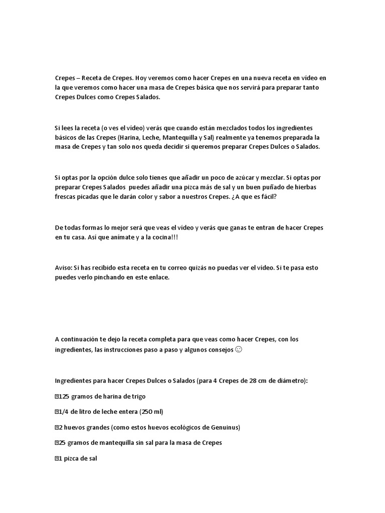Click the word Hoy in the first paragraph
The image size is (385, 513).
142,79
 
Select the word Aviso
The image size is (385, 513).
64,268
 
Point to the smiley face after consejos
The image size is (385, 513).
239,349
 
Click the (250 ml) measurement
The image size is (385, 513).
152,412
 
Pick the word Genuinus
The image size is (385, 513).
225,427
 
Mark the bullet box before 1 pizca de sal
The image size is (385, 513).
57,458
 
